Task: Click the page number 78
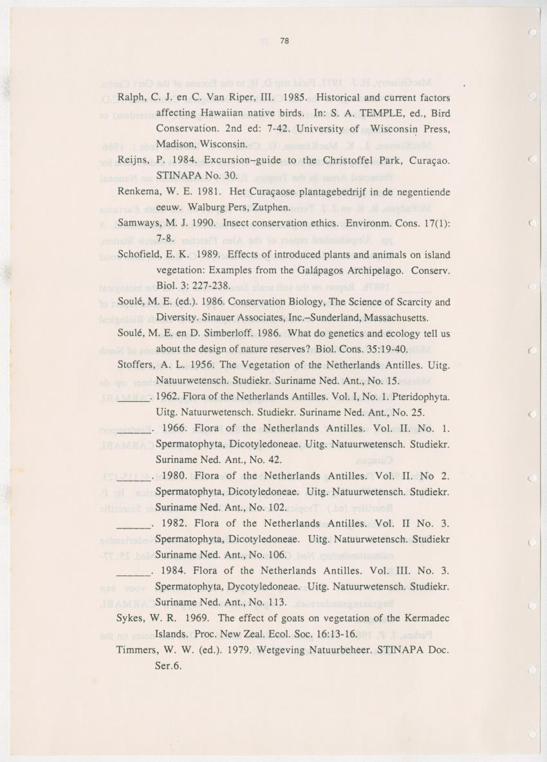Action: pyautogui.click(x=285, y=41)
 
